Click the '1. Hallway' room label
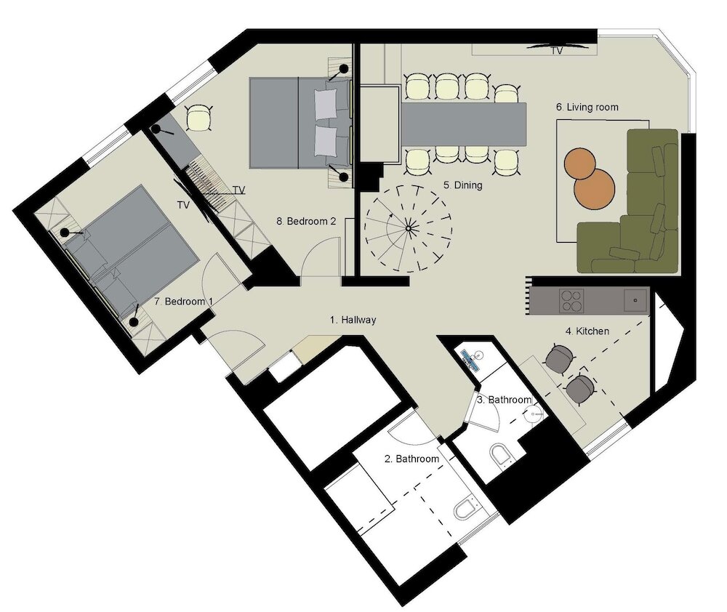[353, 320]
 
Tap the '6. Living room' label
[587, 107]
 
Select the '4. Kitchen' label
[587, 331]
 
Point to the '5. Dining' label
[462, 185]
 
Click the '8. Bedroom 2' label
[306, 221]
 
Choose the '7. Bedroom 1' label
[184, 302]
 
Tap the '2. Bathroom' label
[411, 459]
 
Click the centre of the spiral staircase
[408, 228]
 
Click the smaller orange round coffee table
[579, 164]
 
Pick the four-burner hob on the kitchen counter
[571, 300]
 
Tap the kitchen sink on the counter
[635, 300]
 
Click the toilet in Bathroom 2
[465, 508]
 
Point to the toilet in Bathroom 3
[501, 455]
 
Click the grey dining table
[464, 124]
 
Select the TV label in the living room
[557, 51]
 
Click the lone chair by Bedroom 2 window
[199, 118]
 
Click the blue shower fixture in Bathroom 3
[472, 360]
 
